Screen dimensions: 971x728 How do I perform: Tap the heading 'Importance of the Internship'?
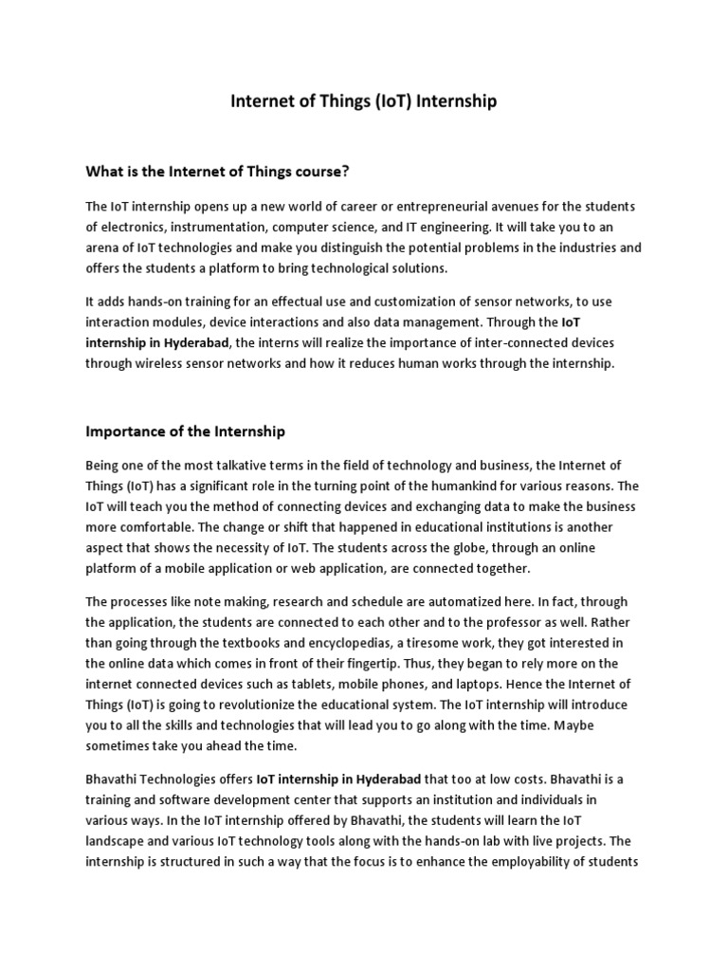point(185,431)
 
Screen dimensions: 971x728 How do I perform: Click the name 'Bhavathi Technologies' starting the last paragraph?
point(155,779)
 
